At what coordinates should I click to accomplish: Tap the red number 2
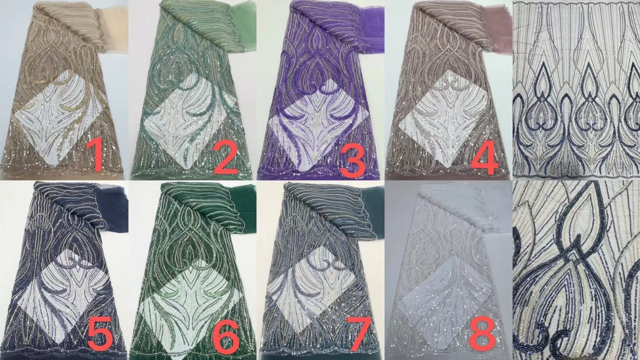click(x=225, y=158)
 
